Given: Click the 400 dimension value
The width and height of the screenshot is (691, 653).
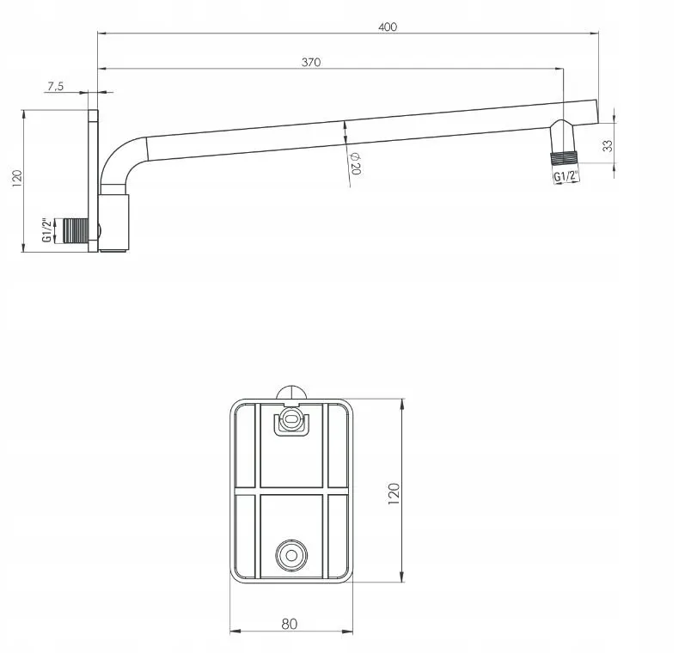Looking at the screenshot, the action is pos(388,27).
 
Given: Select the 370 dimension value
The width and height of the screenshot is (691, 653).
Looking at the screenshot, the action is pos(311,63).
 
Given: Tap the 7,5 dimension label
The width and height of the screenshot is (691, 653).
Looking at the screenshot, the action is pos(56,87).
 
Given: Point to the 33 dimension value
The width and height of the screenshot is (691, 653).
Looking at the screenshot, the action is pos(608,146).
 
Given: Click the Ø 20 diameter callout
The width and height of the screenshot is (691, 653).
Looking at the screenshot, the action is pos(355,164).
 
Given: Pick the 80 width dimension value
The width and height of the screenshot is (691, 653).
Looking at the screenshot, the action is pos(289,624).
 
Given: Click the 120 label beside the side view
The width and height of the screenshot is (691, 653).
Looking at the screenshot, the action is pos(16,179).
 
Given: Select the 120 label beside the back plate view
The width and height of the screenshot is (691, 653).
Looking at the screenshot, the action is pos(394,494).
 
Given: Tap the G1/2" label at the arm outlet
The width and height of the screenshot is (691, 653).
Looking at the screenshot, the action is pos(566,176).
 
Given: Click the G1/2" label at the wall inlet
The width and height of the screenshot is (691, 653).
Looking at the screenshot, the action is pos(47,230).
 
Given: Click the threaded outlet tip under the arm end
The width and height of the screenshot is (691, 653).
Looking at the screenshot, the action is pos(564,158).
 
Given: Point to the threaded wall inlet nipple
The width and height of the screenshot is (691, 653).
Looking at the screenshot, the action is pos(76,230).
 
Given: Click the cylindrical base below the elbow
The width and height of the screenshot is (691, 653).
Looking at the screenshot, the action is pos(113,223).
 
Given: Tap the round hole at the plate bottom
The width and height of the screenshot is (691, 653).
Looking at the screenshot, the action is pos(291,555).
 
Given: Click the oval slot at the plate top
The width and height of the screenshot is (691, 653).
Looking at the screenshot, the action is pos(291,418).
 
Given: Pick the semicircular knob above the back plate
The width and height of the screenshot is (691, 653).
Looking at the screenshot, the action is pos(291,393).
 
